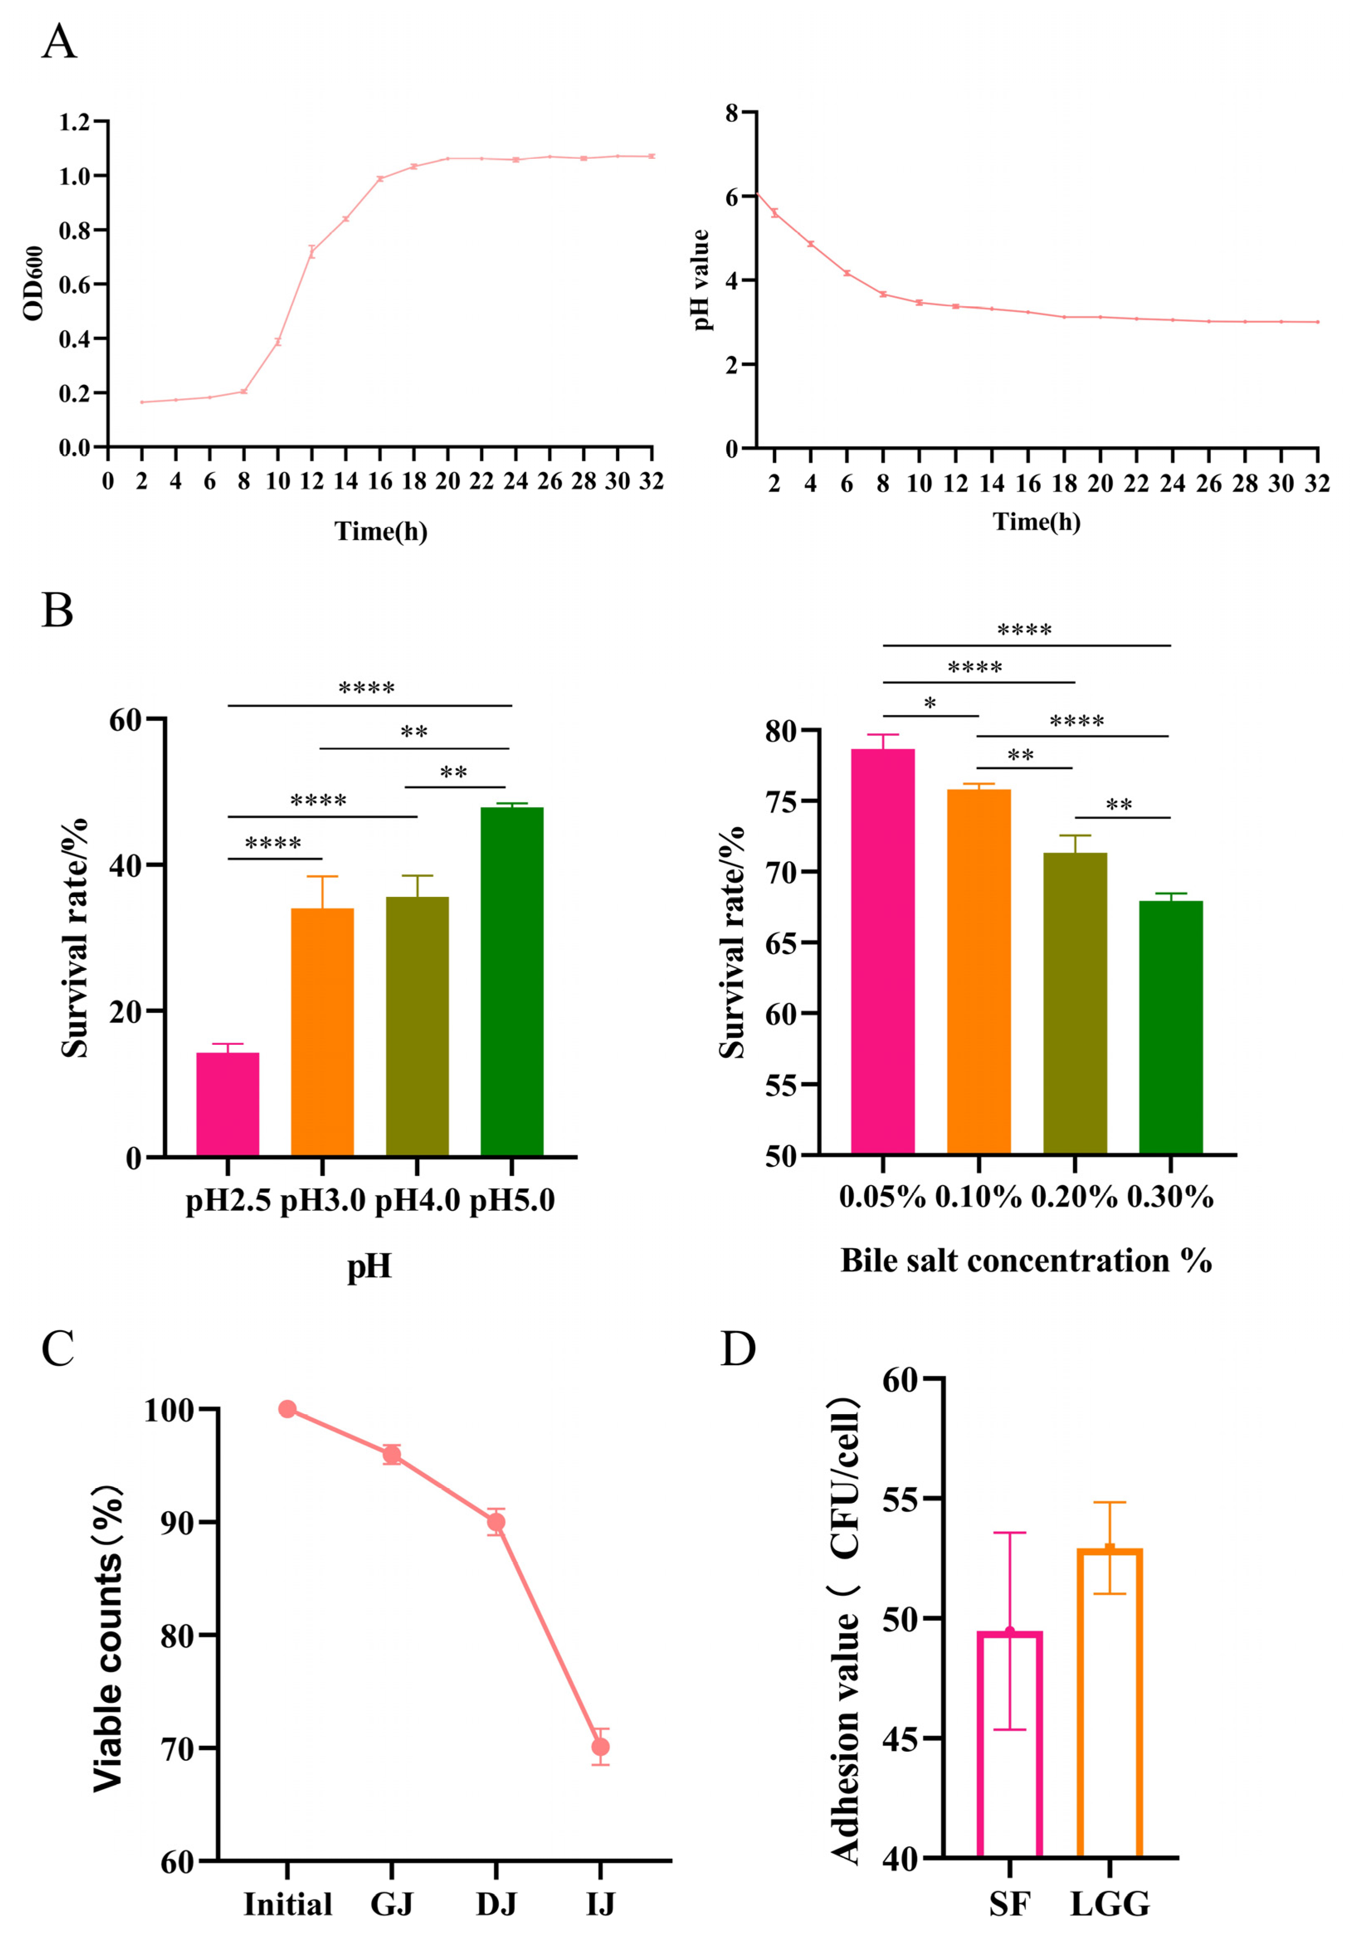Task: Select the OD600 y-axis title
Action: pos(34,284)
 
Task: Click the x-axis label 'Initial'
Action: pos(288,1904)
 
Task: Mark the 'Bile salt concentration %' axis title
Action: pos(1026,1260)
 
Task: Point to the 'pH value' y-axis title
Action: pos(701,280)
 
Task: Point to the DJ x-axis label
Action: pos(496,1904)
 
